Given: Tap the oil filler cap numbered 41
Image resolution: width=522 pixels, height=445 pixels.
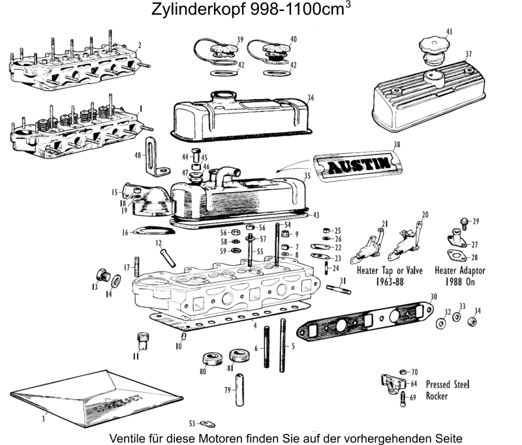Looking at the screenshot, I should point(431,47).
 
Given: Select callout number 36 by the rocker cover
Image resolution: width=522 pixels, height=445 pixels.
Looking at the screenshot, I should point(311,98).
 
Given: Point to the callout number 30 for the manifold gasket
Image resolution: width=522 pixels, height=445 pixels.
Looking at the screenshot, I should point(433,297).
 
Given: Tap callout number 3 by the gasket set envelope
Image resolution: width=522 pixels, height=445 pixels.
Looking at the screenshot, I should point(43,418).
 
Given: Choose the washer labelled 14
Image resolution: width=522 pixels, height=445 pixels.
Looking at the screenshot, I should point(116,281).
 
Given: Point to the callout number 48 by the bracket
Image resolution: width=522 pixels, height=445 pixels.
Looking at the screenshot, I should point(138,156).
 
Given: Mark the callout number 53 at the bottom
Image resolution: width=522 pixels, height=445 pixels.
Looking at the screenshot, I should point(192,423).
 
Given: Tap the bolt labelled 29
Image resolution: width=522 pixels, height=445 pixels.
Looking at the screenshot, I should point(465,223).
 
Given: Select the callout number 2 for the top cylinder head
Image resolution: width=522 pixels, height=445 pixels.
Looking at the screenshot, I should point(140,45).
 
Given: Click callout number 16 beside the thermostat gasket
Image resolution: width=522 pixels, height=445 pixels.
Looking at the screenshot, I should point(125,232).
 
